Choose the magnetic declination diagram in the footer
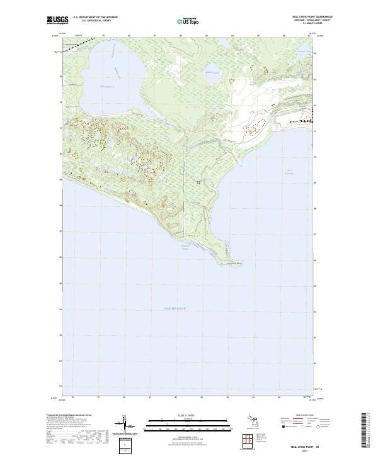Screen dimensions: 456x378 click(126, 425)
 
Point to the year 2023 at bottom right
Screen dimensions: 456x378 click(306, 450)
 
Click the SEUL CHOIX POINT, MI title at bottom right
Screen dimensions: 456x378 click(306, 445)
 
